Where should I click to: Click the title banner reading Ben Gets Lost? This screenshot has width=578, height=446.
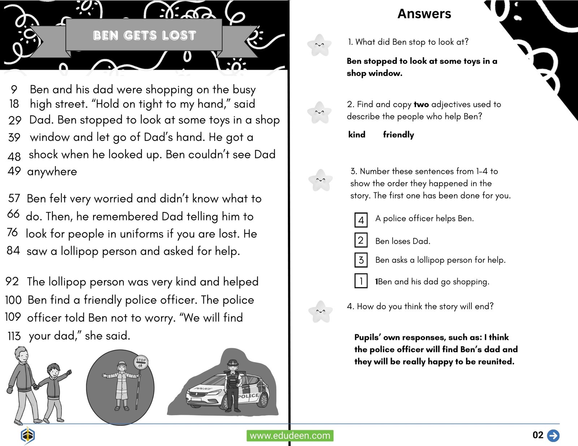(144, 35)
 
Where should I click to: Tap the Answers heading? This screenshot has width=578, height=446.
(424, 14)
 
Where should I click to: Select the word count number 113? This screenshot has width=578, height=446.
(14, 336)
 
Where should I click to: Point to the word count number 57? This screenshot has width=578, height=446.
(14, 198)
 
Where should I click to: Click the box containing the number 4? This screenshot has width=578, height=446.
(361, 220)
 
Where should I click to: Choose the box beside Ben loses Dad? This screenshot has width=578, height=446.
(361, 240)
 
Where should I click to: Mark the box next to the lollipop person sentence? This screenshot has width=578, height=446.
(361, 260)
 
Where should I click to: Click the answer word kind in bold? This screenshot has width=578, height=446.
(357, 135)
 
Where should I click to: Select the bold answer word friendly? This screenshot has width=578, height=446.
(398, 135)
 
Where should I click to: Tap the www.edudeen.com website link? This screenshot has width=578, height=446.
(290, 436)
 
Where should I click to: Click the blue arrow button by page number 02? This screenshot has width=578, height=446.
(553, 435)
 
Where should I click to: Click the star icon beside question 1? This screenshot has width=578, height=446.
(319, 45)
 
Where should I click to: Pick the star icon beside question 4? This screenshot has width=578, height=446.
(320, 311)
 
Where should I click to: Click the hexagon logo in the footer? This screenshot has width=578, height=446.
(27, 435)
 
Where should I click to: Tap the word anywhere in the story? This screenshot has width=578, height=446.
(52, 171)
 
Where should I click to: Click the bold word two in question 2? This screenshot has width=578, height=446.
(421, 104)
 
